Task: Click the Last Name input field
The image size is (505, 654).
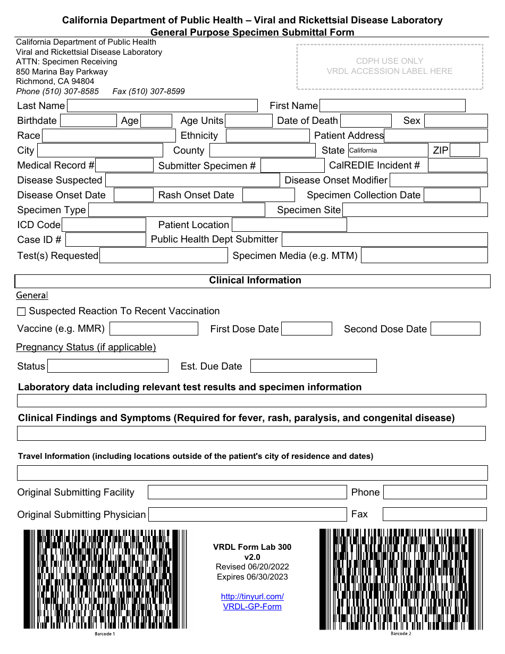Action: click(x=162, y=106)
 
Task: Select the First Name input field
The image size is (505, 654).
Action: click(x=392, y=106)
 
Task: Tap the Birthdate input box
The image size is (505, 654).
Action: click(x=88, y=121)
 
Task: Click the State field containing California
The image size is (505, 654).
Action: click(x=388, y=150)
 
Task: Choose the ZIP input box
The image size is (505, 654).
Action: click(x=465, y=150)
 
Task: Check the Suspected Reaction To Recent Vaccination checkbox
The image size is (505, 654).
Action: click(x=21, y=312)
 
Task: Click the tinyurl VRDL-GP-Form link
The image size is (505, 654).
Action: click(x=252, y=601)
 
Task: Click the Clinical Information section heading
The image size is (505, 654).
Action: click(x=255, y=280)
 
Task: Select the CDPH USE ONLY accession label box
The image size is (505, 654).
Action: click(x=390, y=66)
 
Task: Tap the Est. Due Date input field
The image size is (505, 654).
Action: click(x=313, y=366)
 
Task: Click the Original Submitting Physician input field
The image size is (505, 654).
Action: click(x=247, y=514)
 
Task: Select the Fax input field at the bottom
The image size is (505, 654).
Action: click(x=434, y=514)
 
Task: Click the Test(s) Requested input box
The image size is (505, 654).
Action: click(x=164, y=256)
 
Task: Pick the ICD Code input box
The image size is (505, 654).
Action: click(x=104, y=225)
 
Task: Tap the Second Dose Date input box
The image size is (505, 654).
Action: click(x=455, y=329)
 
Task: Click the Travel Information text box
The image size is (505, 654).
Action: click(x=252, y=473)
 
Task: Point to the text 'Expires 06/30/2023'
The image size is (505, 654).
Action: click(x=252, y=577)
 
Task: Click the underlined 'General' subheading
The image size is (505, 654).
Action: click(x=32, y=295)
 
